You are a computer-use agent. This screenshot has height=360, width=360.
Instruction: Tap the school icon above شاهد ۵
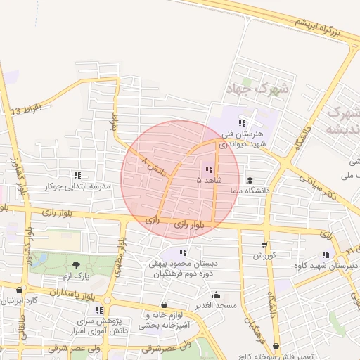coord(209,169)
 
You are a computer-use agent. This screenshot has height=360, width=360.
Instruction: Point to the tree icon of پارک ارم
coord(76,264)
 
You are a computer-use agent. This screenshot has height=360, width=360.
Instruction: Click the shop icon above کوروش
coord(264,245)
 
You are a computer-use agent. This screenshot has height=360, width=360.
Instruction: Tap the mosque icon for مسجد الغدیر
coord(216,295)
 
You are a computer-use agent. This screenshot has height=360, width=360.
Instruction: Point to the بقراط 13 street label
coord(27,108)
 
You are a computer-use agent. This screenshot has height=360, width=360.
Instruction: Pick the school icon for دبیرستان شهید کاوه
coord(326,255)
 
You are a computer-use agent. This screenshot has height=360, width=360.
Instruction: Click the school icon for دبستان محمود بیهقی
coord(184,252)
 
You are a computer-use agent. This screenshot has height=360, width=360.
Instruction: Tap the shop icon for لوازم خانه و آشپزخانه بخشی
coord(164,304)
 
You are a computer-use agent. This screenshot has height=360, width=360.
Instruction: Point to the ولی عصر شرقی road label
coord(166,348)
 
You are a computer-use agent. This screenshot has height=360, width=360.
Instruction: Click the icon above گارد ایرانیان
coord(20,290)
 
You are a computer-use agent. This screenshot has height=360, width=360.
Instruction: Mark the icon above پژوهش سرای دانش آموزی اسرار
coord(99,309)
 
